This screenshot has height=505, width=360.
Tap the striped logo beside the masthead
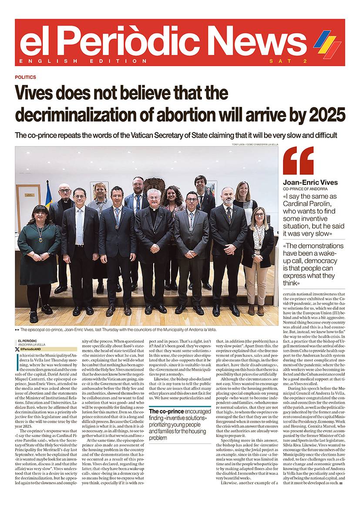click(327, 44)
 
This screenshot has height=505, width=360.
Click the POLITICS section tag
click(25, 77)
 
